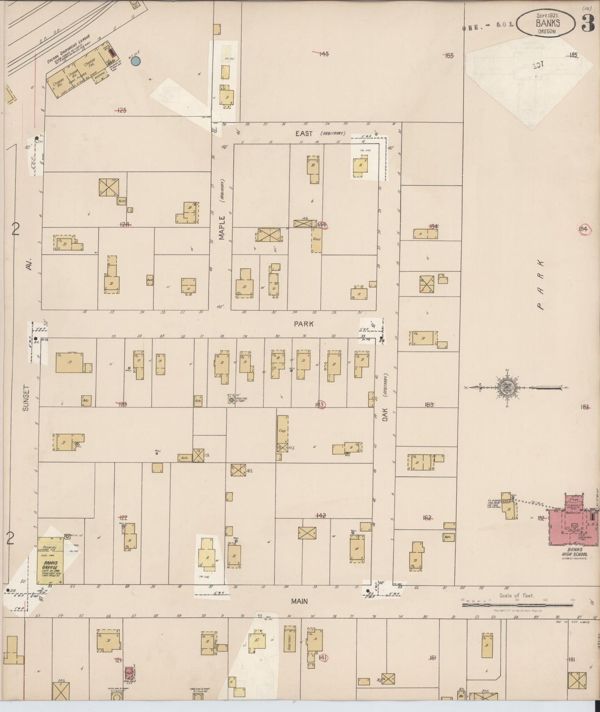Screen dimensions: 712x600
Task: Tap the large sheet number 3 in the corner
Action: [x=588, y=24]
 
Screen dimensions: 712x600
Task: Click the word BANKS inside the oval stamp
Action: [x=548, y=23]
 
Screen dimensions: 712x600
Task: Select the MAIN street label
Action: [x=299, y=601]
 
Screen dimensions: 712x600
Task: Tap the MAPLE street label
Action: [x=222, y=228]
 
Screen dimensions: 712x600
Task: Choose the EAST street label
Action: [x=304, y=133]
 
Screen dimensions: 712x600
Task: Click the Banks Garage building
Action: [x=51, y=561]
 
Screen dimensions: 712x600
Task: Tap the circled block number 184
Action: [x=583, y=229]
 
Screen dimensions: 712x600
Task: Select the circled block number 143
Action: [x=320, y=405]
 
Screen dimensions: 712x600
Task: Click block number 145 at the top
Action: [x=323, y=54]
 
